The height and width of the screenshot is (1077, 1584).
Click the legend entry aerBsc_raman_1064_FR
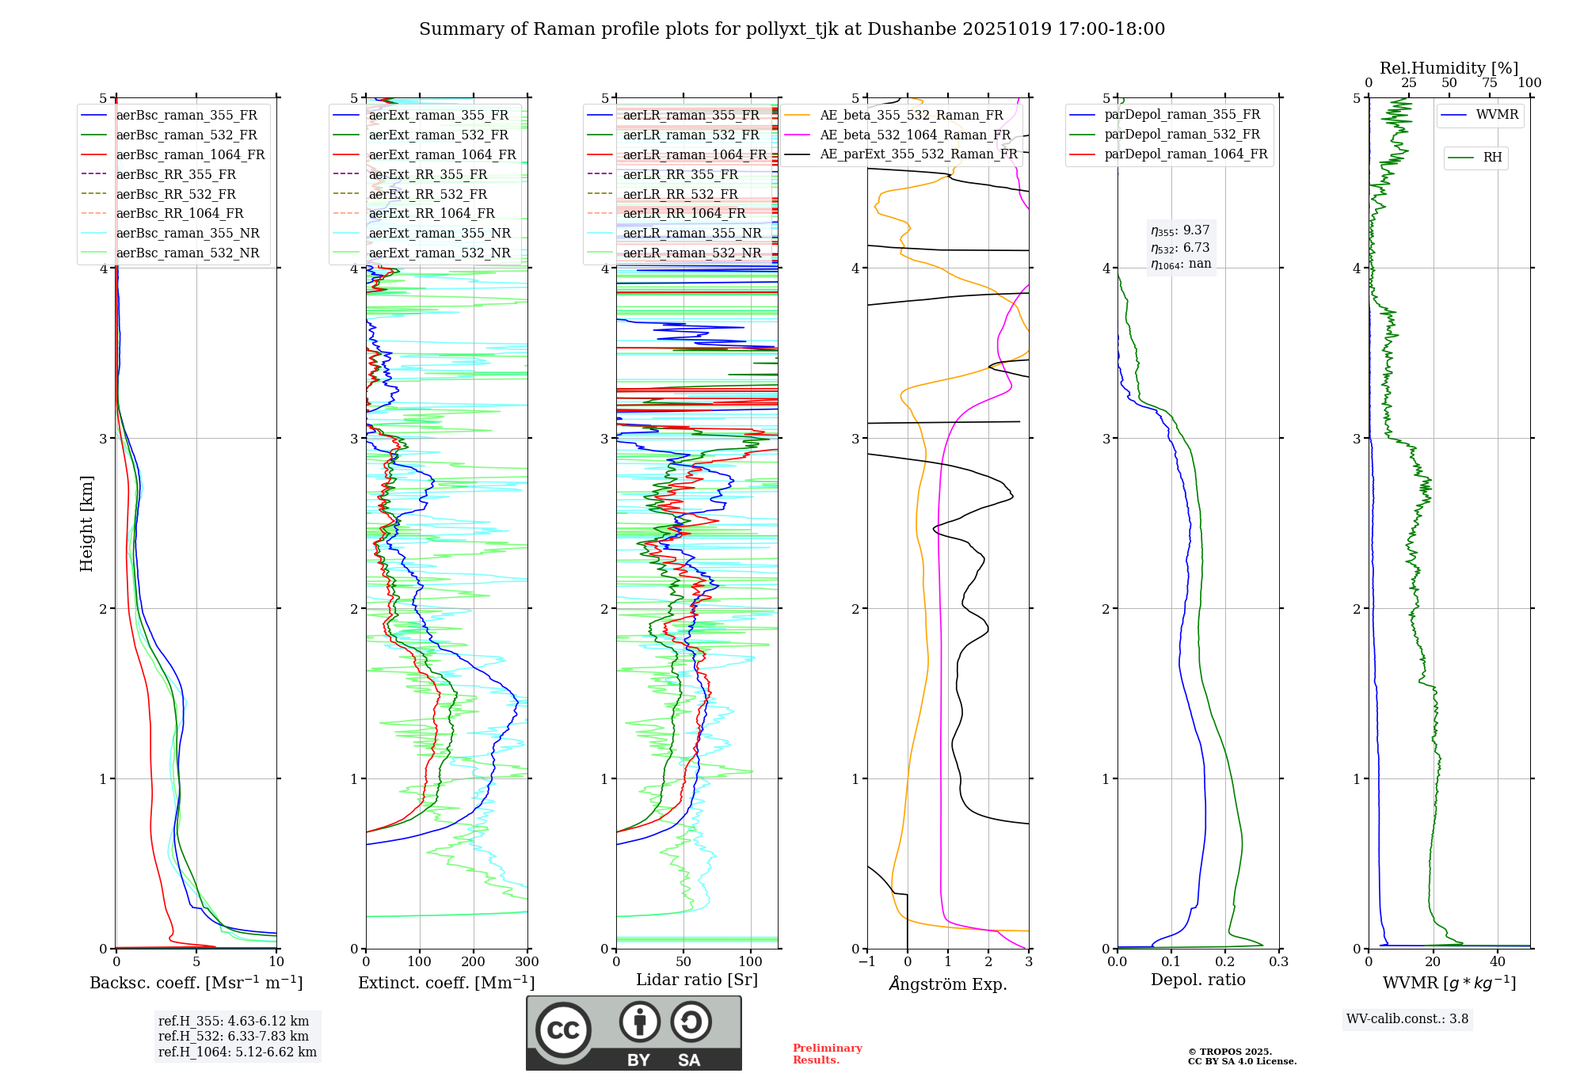(190, 154)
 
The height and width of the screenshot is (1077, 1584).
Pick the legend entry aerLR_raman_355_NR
(691, 233)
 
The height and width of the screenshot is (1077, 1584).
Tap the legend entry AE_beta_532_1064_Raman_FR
(915, 135)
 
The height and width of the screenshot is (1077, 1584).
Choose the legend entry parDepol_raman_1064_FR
(1186, 154)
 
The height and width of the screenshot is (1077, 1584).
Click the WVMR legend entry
(1497, 115)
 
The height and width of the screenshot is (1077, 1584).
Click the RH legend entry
(1492, 158)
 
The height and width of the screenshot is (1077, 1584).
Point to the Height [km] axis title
(86, 523)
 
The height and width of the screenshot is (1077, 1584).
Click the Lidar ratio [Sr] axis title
(697, 980)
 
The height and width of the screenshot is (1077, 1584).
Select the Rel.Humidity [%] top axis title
(1449, 68)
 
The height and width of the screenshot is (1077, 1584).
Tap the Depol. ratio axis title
(1198, 980)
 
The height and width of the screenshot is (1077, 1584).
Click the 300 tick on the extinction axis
(527, 962)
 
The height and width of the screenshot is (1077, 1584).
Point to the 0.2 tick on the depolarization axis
(1225, 962)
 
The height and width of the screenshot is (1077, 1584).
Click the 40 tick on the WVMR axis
(1498, 962)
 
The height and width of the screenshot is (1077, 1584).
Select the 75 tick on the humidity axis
(1490, 83)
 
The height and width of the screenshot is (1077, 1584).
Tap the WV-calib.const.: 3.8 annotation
(1407, 1019)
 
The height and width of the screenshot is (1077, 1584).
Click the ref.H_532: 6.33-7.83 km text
(234, 1037)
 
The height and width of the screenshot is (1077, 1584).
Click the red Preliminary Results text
(827, 1054)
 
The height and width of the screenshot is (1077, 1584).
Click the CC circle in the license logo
(563, 1029)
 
